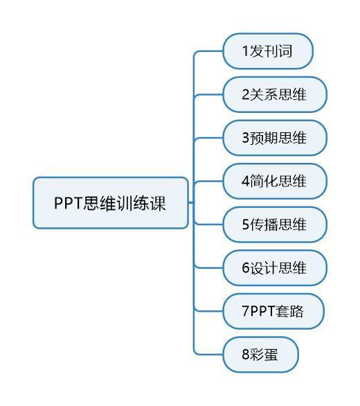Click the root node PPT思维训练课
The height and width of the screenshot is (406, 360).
[x=111, y=203]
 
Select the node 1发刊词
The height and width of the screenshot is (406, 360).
[x=268, y=51]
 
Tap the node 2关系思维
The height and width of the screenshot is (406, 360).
[x=275, y=94]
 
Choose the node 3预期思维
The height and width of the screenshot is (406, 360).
[x=275, y=138]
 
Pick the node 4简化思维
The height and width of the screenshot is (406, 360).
[x=275, y=181]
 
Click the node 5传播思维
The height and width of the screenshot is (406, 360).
[x=275, y=224]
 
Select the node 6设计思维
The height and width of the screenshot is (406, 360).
[x=275, y=267]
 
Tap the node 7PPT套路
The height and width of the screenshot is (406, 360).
[x=273, y=311]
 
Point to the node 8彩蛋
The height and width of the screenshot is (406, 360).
[x=261, y=355]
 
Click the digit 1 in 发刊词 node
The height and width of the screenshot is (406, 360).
[x=245, y=51]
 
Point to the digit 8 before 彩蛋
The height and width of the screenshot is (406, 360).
[x=245, y=355]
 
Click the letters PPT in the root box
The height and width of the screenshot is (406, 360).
[x=68, y=203]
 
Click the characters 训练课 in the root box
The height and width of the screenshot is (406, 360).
[x=141, y=203]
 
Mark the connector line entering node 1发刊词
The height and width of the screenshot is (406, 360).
[x=208, y=51]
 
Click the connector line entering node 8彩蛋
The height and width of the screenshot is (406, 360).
[x=208, y=354]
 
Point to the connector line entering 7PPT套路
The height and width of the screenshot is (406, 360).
[x=209, y=311]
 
